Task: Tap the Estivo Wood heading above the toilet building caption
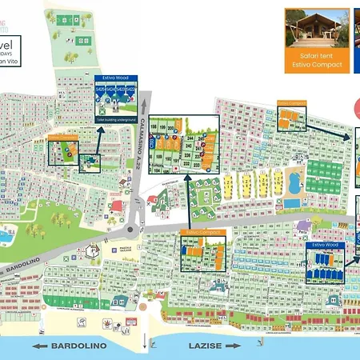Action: coord(116,78)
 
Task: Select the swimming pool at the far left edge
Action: coord(6,238)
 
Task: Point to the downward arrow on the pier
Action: coord(145,341)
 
